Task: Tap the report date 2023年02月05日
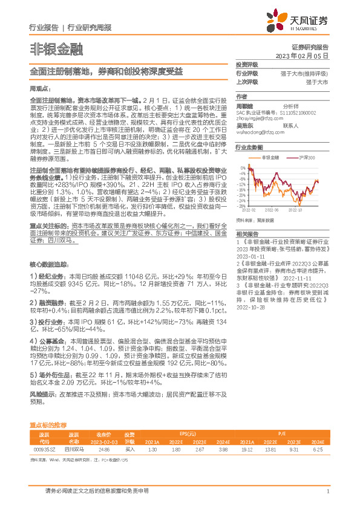[x=302, y=55]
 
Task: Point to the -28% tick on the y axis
[x=241, y=199]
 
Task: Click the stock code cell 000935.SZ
[x=44, y=449]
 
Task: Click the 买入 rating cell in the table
[x=129, y=449]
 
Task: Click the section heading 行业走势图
[x=248, y=147]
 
